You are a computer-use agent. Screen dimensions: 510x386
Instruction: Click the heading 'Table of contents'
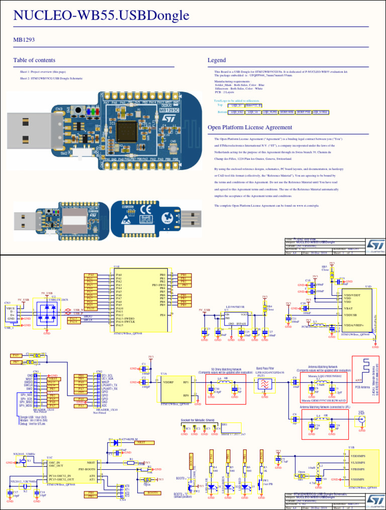[x=34, y=60]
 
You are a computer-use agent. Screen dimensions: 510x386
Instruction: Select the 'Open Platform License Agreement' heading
[x=250, y=127]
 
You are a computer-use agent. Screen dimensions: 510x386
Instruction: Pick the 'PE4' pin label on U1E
[x=162, y=315]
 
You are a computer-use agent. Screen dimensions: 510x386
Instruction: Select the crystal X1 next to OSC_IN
[x=23, y=461]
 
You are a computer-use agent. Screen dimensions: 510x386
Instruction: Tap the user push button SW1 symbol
[x=262, y=485]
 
